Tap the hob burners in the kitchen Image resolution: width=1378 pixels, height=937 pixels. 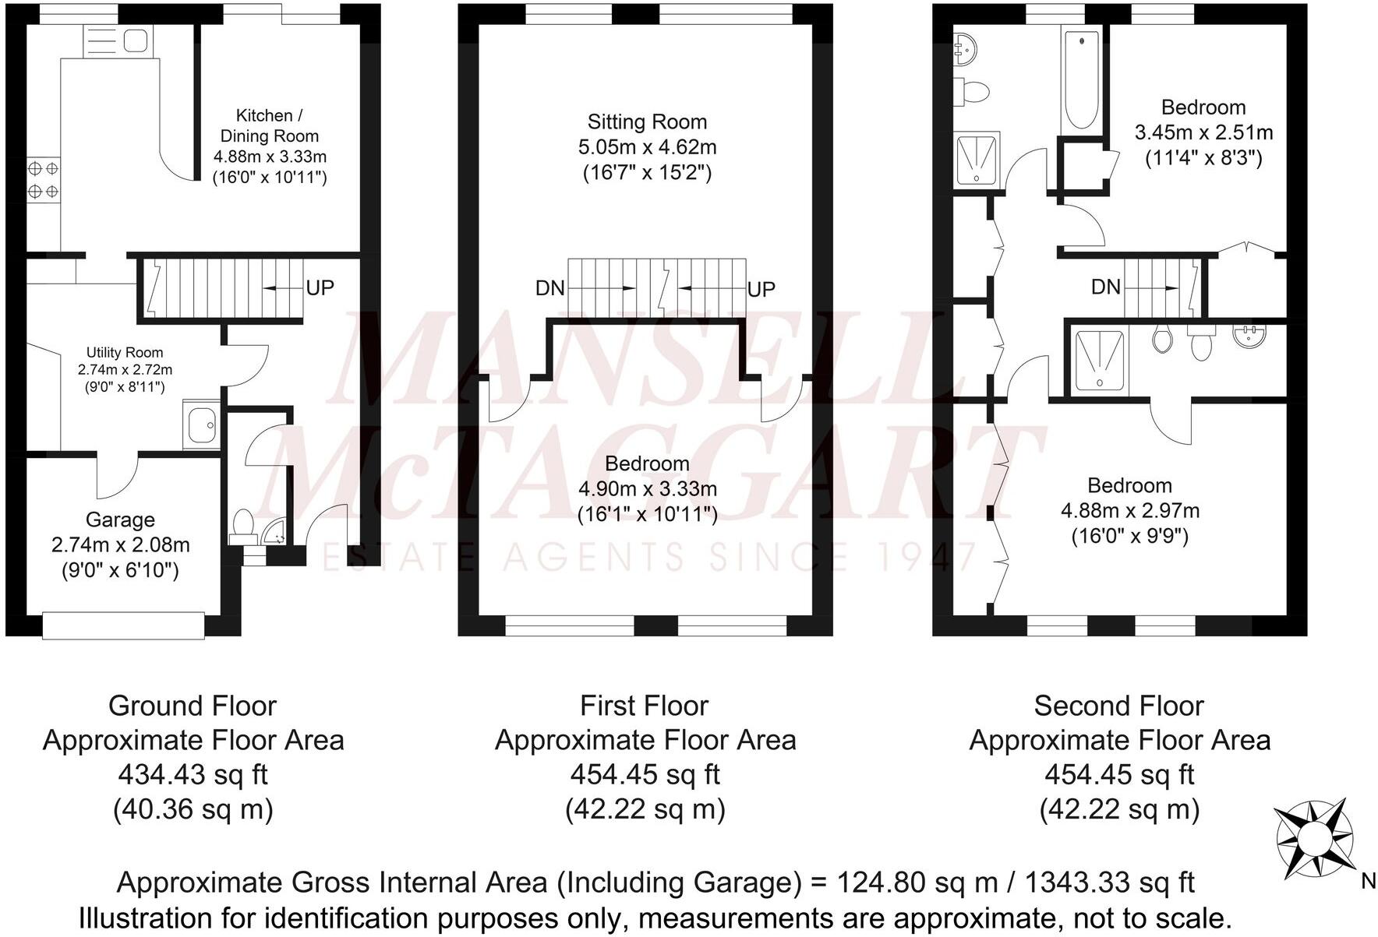43,179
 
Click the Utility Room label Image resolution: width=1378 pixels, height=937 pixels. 125,353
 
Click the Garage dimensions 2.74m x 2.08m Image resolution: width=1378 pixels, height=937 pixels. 120,545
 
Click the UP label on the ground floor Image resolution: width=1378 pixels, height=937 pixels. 320,288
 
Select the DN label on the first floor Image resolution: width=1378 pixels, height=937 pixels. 549,289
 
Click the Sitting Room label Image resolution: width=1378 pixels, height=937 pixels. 647,122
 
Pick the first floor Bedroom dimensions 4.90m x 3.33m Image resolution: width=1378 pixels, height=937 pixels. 647,489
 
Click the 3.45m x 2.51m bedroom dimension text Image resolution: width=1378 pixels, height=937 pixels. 1203,132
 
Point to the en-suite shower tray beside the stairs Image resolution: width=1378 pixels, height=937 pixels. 1099,360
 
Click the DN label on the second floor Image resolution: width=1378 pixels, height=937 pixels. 1105,287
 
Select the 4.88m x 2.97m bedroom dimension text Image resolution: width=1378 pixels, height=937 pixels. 1129,511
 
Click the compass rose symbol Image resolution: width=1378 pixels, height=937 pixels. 1313,839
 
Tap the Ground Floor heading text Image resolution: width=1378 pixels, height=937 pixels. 193,706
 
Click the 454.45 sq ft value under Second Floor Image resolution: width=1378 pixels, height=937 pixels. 1118,775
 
